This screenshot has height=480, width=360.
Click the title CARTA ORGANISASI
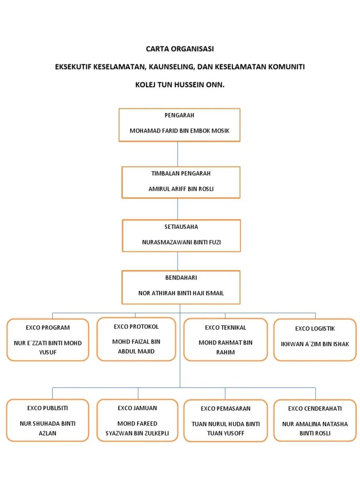click(x=180, y=49)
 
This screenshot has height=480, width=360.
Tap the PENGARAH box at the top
click(x=180, y=125)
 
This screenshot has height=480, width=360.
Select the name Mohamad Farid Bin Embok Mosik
click(x=180, y=131)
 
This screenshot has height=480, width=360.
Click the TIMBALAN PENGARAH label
click(x=180, y=173)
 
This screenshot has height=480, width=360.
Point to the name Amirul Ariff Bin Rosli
click(x=180, y=189)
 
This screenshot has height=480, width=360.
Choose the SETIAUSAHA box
click(x=181, y=235)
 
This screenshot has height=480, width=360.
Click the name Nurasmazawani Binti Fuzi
click(x=181, y=242)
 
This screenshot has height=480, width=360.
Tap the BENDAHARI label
click(x=181, y=278)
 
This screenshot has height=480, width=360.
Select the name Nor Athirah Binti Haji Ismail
click(x=181, y=293)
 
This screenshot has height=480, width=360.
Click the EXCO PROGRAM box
click(x=48, y=340)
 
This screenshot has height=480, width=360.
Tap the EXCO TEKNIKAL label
click(x=225, y=328)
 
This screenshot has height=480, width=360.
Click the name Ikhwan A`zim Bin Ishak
click(x=315, y=344)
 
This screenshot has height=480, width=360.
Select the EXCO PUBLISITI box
click(x=48, y=420)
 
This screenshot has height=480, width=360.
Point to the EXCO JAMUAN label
click(x=137, y=408)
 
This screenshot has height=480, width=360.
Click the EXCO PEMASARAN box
click(x=225, y=420)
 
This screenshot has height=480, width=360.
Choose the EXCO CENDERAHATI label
click(x=315, y=409)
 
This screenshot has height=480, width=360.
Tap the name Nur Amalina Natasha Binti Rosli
click(x=315, y=428)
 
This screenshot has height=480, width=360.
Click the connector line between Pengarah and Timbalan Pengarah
click(x=178, y=154)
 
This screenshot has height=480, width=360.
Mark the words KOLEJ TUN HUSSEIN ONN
click(x=180, y=86)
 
